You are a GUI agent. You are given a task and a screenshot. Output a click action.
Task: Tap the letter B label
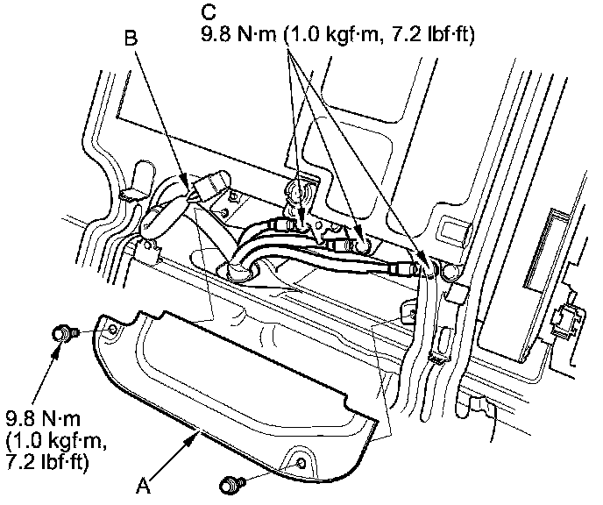(x=131, y=39)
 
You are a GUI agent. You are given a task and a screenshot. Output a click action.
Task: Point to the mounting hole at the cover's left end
(x=111, y=330)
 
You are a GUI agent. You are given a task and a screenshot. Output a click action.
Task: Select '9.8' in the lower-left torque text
(x=19, y=415)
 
